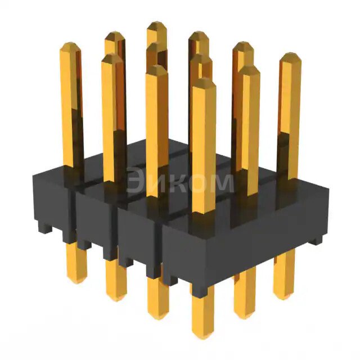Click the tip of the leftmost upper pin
point(70,47)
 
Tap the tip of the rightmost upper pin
point(290,58)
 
